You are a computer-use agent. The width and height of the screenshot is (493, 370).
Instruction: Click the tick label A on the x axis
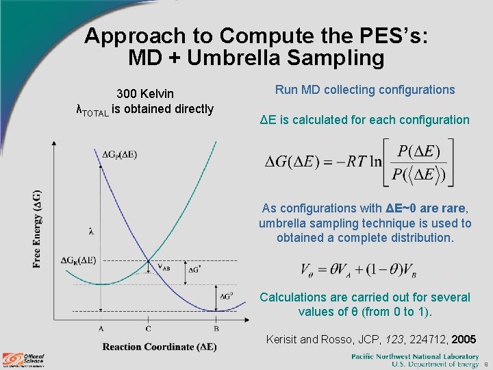[101, 329]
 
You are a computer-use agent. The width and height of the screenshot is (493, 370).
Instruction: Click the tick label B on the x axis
[216, 329]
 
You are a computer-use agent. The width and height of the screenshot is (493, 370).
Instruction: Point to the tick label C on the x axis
[149, 329]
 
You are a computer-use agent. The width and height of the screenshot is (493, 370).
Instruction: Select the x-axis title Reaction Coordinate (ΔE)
[159, 347]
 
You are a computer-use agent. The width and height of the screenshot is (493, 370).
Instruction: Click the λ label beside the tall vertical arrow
[90, 231]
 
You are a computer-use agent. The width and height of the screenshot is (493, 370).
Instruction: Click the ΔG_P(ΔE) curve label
[119, 155]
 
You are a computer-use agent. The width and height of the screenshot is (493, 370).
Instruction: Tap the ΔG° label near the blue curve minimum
[226, 296]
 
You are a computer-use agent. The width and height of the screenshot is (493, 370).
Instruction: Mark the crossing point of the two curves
[149, 261]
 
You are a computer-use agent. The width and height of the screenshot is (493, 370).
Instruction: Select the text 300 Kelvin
[145, 93]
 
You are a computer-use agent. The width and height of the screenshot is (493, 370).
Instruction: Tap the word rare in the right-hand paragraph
[453, 208]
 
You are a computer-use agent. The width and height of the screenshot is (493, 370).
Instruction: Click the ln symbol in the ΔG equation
[375, 162]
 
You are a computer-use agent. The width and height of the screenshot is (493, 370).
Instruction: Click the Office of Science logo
[24, 359]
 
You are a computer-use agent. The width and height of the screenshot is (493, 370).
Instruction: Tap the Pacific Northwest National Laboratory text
[414, 356]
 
